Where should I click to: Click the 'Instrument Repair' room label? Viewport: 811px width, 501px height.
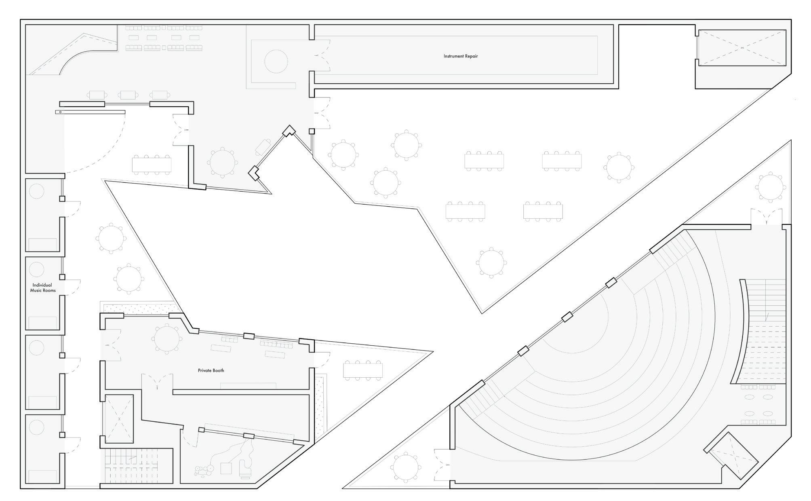[x=460, y=56]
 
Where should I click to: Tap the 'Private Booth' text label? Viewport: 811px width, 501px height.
[x=211, y=370]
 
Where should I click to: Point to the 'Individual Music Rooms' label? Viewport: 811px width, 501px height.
[x=42, y=287]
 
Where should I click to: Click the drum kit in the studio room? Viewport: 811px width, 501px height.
[x=204, y=470]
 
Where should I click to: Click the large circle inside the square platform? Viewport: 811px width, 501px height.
[x=276, y=61]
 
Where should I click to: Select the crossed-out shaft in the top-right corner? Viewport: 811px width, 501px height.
[x=742, y=47]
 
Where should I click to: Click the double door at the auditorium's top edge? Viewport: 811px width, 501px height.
[x=766, y=217]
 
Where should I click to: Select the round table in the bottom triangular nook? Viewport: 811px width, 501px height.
[x=405, y=468]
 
